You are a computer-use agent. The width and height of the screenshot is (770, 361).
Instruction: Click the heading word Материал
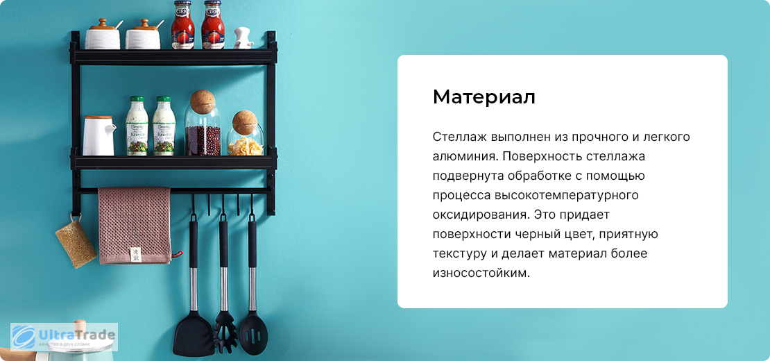[484, 97]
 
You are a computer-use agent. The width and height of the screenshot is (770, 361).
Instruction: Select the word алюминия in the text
[459, 156]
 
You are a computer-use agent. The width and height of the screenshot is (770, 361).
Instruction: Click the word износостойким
[481, 273]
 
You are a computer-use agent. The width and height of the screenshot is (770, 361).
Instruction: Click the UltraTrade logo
[64, 337]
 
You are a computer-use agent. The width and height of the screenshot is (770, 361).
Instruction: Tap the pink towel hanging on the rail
[134, 225]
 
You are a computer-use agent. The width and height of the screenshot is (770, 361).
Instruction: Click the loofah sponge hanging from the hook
[76, 243]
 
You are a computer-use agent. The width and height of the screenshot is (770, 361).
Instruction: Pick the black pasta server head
[225, 333]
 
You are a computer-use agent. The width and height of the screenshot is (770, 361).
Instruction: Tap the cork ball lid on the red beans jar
[203, 101]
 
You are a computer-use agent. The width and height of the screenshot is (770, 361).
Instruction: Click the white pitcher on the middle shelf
[99, 135]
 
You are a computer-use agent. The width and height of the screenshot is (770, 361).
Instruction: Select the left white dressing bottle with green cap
[137, 126]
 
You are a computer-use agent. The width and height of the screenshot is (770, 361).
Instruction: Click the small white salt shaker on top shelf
[243, 37]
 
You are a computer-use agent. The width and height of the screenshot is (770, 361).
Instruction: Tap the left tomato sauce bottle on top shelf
[182, 24]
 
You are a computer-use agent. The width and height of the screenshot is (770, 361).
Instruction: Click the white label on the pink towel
[135, 254]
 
